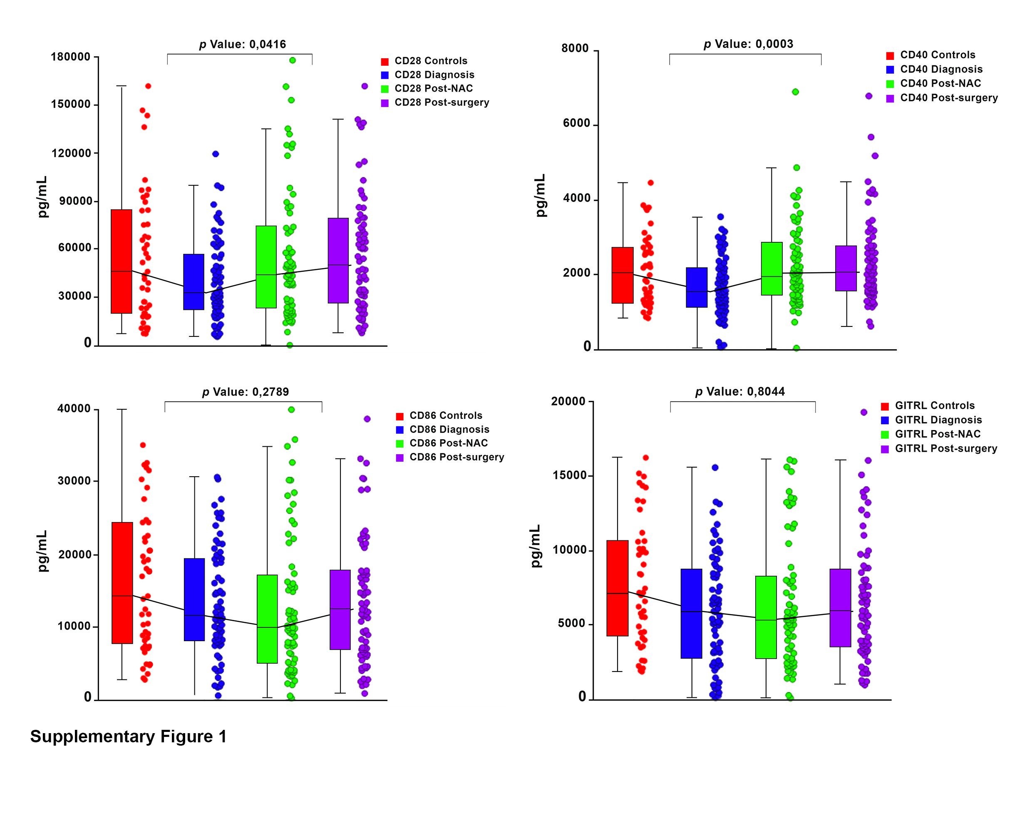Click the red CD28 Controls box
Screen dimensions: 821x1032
pyautogui.click(x=121, y=261)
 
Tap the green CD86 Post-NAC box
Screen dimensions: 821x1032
pyautogui.click(x=267, y=618)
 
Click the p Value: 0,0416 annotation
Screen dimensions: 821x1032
pyautogui.click(x=242, y=45)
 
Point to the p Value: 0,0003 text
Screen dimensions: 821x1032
pyautogui.click(x=748, y=44)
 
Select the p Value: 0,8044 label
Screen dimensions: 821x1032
pyautogui.click(x=739, y=391)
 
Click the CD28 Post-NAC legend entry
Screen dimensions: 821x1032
pyautogui.click(x=433, y=89)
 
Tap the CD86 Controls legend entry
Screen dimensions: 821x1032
pyautogui.click(x=445, y=415)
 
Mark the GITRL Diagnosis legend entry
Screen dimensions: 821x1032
pyautogui.click(x=938, y=420)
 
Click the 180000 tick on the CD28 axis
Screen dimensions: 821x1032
pyautogui.click(x=70, y=57)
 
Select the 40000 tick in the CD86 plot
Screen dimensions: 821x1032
pyautogui.click(x=74, y=408)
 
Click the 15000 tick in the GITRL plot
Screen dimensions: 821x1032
pyautogui.click(x=569, y=475)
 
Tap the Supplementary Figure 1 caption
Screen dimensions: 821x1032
pyautogui.click(x=128, y=736)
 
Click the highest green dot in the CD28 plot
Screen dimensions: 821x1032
pyautogui.click(x=292, y=60)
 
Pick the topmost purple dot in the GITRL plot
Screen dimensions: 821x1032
pyautogui.click(x=863, y=412)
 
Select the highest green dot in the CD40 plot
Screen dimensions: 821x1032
pyautogui.click(x=795, y=92)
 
